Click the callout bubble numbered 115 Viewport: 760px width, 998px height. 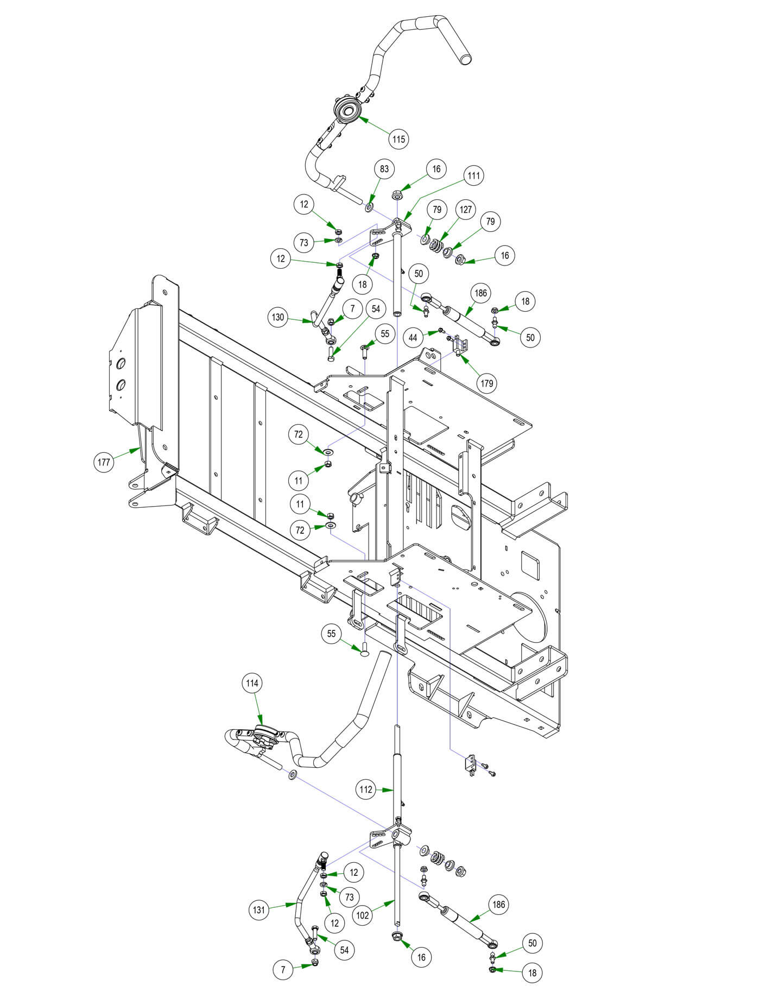398,139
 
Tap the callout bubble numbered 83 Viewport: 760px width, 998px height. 384,169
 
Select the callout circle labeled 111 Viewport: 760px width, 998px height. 474,175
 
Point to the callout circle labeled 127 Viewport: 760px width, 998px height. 466,210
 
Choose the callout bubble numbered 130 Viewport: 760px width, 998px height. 278,317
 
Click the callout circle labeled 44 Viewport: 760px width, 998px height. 414,338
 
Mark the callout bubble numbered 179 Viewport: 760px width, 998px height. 487,383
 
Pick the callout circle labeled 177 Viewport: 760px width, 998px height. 104,463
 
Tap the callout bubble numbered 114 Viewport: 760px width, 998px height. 252,683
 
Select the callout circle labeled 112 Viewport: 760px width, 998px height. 366,789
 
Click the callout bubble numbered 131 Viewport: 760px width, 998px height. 259,909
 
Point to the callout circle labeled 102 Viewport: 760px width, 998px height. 363,915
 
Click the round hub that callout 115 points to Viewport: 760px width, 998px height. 347,112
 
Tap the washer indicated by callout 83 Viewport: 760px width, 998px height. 370,207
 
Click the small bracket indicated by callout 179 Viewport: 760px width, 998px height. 460,345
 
